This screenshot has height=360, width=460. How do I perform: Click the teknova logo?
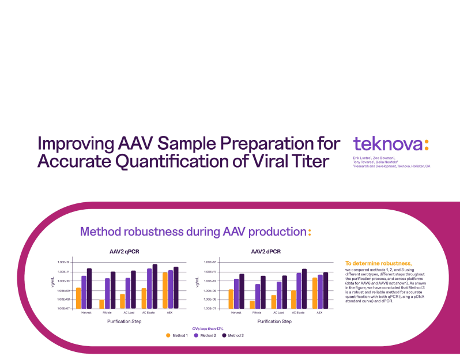click(x=391, y=144)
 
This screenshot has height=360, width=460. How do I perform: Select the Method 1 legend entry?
click(x=177, y=335)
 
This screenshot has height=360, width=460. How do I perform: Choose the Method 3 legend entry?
click(x=233, y=335)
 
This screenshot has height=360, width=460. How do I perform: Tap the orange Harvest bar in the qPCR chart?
click(x=78, y=298)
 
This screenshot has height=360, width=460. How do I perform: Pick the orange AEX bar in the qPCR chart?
click(x=165, y=290)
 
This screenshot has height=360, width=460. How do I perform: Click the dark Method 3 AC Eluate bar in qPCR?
click(x=154, y=286)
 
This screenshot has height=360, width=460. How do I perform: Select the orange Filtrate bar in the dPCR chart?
click(x=252, y=304)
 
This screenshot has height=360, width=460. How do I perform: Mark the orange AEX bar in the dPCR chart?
click(x=314, y=293)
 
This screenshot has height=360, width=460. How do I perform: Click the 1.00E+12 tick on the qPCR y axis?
click(x=63, y=263)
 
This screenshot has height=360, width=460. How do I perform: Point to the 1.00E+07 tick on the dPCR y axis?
click(x=210, y=308)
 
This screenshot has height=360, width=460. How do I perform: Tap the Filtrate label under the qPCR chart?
click(x=107, y=313)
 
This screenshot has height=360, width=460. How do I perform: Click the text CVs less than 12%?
click(x=208, y=328)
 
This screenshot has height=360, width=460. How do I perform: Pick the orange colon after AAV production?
click(x=310, y=232)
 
